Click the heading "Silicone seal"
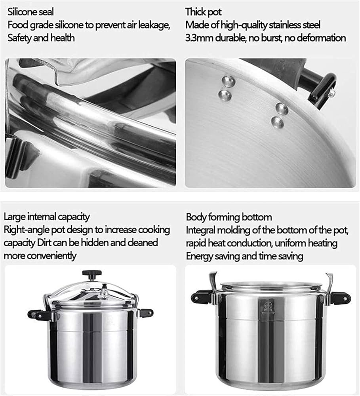click(30, 12)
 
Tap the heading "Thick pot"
click(204, 12)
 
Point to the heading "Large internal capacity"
click(47, 217)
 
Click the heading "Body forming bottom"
click(229, 217)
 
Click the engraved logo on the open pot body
click(265, 307)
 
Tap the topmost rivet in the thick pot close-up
click(229, 81)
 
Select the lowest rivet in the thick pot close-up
click(277, 122)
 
